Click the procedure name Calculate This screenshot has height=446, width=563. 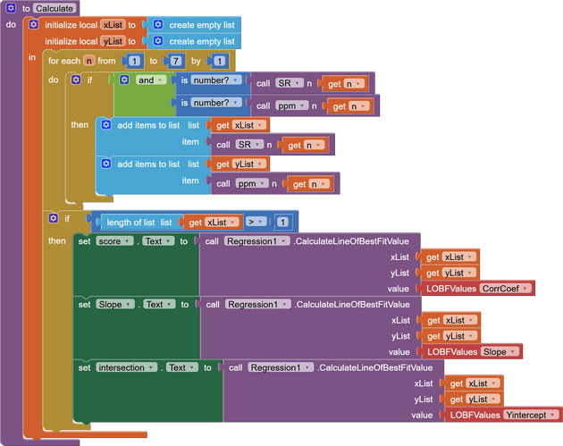coord(55,8)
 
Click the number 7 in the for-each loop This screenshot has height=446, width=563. coord(176,61)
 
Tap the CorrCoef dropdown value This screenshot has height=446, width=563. coord(505,288)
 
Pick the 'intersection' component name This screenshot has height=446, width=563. coord(125,367)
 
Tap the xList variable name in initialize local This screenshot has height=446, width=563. coord(113,25)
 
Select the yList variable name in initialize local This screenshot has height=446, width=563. coord(113,41)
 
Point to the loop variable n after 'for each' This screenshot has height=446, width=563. coord(89,61)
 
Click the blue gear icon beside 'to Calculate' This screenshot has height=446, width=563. coord(11,8)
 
